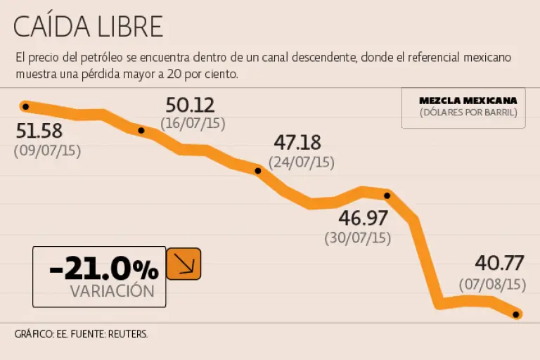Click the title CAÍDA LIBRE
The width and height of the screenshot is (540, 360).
(x=88, y=27)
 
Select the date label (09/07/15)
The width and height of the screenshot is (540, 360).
(x=47, y=150)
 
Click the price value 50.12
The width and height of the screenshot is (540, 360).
(x=190, y=105)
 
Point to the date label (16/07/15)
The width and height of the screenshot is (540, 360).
(x=193, y=123)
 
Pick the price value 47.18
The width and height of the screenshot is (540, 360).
(x=297, y=143)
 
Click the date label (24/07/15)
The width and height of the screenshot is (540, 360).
(x=302, y=162)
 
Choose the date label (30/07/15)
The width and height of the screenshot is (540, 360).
(x=357, y=238)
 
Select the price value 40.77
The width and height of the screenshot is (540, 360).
(x=499, y=264)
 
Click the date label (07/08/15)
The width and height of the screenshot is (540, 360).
(x=493, y=284)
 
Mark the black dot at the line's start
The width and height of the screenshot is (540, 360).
(x=25, y=107)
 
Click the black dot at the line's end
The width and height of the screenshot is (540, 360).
(x=517, y=314)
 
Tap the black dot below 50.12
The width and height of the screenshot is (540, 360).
(x=141, y=130)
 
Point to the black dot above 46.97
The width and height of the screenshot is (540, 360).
(x=387, y=195)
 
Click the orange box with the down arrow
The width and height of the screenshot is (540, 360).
(x=184, y=264)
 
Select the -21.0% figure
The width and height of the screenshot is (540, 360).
(x=103, y=269)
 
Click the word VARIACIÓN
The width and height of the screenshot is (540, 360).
(x=112, y=291)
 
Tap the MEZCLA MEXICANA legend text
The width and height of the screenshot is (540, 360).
(x=468, y=100)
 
